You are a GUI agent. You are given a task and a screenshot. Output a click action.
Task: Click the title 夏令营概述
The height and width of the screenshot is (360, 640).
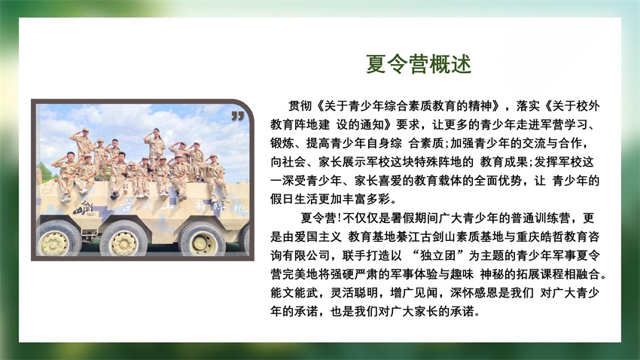[x=419, y=64]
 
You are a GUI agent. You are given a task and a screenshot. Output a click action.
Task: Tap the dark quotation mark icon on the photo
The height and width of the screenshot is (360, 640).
[x=237, y=116]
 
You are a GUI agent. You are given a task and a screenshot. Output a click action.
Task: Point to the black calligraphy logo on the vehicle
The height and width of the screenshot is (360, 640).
[x=84, y=208]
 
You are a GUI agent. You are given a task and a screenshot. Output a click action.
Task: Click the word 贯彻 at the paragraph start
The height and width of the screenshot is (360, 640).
[x=300, y=106]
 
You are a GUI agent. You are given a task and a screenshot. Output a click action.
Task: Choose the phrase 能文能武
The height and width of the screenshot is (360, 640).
[x=294, y=293]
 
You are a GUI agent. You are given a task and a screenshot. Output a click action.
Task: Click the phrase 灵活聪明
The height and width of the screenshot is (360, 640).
[x=354, y=293]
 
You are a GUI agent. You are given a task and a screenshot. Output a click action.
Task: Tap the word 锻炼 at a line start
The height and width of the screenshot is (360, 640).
[x=282, y=143]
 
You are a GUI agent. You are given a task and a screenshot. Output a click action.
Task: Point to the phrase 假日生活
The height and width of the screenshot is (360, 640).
[x=294, y=199]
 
